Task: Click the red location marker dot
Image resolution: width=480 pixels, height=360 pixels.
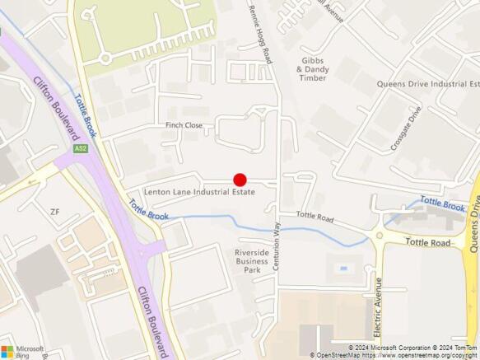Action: click(240, 180)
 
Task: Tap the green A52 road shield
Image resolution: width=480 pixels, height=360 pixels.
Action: click(80, 149)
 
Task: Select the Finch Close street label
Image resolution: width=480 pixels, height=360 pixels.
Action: click(184, 125)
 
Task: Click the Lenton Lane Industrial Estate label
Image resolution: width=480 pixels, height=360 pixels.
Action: click(199, 192)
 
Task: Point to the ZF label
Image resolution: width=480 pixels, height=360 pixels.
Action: click(55, 212)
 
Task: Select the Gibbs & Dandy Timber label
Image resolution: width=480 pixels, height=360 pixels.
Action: click(313, 69)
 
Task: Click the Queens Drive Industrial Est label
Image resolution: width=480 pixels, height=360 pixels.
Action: click(427, 84)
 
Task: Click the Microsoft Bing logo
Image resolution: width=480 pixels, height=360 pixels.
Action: click(22, 351)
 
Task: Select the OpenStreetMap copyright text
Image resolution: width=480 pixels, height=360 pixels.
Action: click(394, 355)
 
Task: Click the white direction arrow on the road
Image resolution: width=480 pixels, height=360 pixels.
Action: click(32, 179)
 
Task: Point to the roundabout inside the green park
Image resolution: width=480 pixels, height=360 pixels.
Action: click(105, 58)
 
